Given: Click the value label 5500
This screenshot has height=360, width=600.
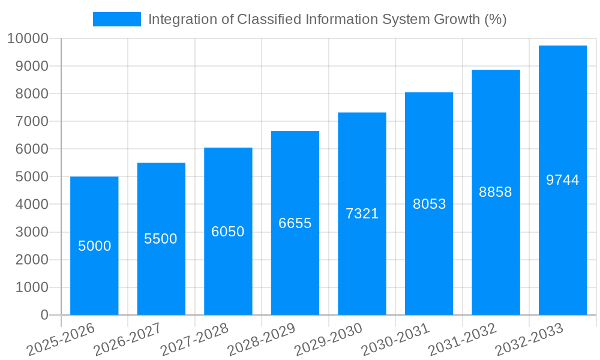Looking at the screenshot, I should point(161,239).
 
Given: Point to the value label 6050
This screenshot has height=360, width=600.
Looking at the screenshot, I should point(228,232).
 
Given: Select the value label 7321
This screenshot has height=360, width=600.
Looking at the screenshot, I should point(362,214).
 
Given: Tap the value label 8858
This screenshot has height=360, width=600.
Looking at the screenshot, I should point(496,192).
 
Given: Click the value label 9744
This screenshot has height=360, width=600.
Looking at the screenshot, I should point(563,180).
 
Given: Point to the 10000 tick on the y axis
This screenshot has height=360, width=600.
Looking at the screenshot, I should point(28,39).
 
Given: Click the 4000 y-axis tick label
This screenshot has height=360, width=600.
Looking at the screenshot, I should point(31,205).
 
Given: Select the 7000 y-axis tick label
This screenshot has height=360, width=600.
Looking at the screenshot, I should point(31,122).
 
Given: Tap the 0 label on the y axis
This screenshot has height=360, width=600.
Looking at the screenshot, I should point(44,315).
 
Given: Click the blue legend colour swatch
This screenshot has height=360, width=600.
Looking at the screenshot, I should point(116,19).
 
